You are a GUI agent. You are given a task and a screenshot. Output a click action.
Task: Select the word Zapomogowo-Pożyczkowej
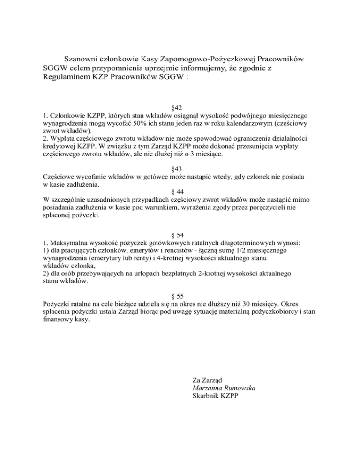211,60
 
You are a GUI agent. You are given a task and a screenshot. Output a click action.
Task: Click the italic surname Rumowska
241,388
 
